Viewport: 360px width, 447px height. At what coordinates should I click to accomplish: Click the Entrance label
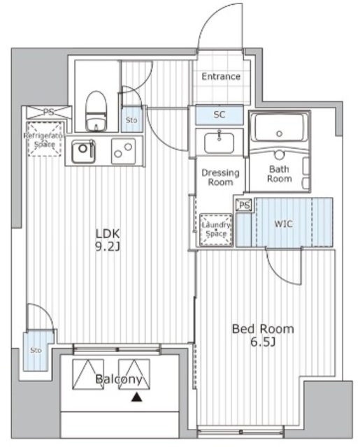click(x=221, y=76)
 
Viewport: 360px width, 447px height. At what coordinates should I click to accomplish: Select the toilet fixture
click(x=95, y=111)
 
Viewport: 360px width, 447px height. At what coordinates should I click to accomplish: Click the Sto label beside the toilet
click(x=131, y=120)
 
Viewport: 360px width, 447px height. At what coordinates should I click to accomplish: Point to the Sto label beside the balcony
click(x=35, y=350)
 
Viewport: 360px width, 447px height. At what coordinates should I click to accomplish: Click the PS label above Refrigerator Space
click(x=48, y=112)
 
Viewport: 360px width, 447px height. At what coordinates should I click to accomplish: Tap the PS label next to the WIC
click(x=243, y=205)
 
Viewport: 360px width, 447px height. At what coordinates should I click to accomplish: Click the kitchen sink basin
click(x=82, y=149)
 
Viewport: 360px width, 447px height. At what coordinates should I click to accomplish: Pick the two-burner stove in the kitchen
click(x=123, y=149)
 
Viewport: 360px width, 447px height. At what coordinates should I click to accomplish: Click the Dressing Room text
click(x=220, y=177)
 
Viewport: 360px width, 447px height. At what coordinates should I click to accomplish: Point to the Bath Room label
click(x=279, y=174)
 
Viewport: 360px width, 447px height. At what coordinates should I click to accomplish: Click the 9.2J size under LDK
click(x=109, y=247)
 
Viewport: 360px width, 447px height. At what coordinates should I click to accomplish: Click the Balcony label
click(x=120, y=380)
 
